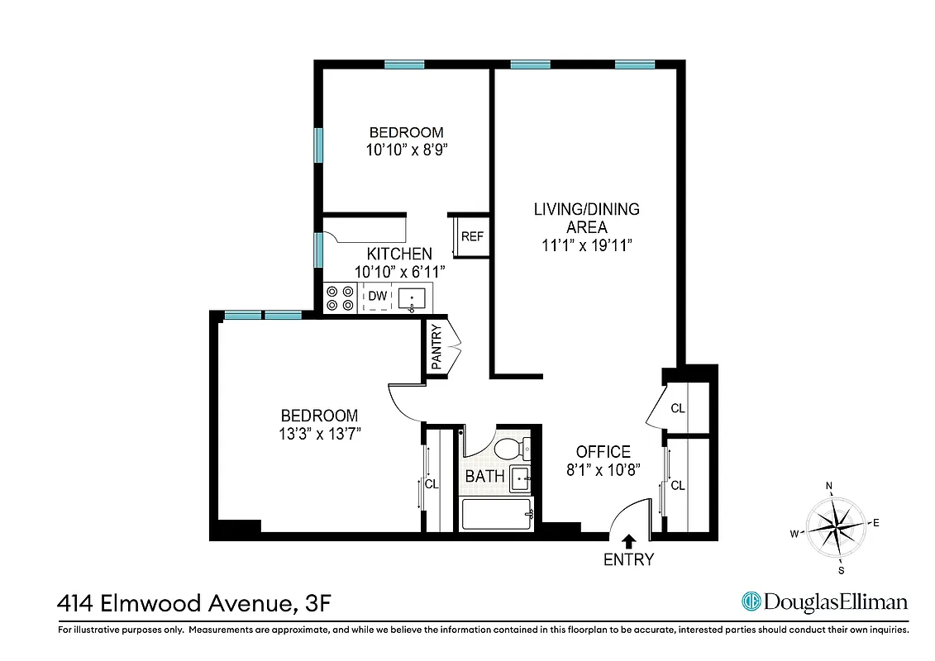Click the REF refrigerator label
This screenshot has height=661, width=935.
coord(472,236)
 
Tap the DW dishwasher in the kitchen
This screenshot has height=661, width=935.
coord(378,296)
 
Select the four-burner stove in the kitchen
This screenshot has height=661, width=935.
coord(339,297)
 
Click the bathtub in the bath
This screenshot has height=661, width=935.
coord(496,516)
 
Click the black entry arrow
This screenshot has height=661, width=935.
coord(628,541)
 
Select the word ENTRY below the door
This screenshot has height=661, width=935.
coord(628,560)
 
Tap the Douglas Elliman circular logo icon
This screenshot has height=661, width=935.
coord(751,602)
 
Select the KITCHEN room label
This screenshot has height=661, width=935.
coord(399,254)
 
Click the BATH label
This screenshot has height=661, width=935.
coord(484,476)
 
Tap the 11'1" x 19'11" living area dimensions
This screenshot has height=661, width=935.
coord(586,245)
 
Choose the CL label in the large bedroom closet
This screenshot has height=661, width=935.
coord(431,484)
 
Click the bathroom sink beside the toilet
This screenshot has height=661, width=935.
coord(520,477)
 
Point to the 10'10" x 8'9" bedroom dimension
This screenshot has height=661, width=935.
coord(406,150)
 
